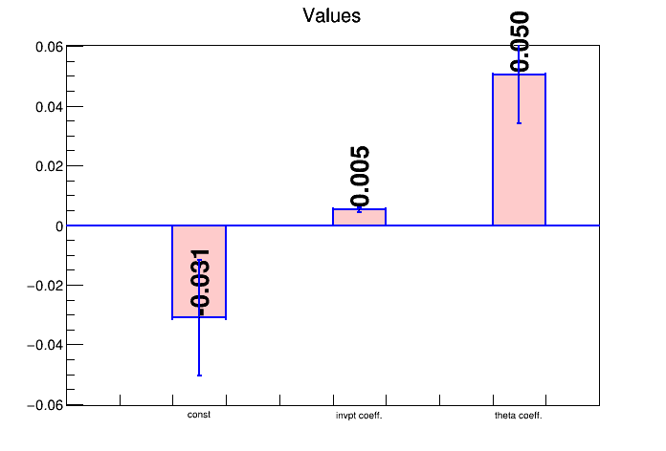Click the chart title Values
coord(331,15)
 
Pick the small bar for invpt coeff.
coord(359,217)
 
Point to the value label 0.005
coord(360,177)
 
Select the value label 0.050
coord(520,41)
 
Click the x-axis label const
coord(199,415)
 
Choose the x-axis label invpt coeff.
coord(359,416)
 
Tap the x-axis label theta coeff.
coord(519,416)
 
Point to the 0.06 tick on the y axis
coord(49,47)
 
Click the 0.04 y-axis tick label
coord(49,106)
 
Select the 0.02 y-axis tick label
coord(49,166)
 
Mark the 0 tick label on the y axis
coord(59,226)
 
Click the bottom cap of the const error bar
coord(199,376)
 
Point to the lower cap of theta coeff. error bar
coord(519,123)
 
